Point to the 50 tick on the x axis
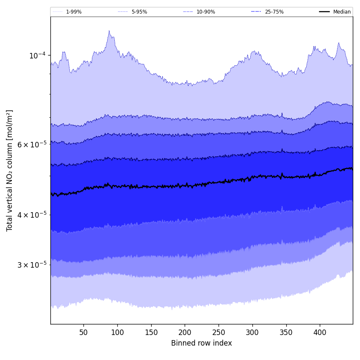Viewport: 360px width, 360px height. (83, 332)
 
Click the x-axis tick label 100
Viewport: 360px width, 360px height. (117, 332)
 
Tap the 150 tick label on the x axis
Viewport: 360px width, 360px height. (151, 332)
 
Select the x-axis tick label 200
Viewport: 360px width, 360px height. (185, 332)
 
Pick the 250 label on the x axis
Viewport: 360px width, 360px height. (219, 332)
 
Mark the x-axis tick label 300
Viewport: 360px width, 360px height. (252, 332)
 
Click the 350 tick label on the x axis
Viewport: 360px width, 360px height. (286, 332)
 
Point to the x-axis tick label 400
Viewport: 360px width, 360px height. (320, 332)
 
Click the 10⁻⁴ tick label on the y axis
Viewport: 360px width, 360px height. (37, 55)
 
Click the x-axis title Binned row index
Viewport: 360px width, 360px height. (202, 343)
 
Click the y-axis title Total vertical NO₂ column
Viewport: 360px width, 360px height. (10, 170)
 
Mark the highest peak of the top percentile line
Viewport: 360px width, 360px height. (109, 30)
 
